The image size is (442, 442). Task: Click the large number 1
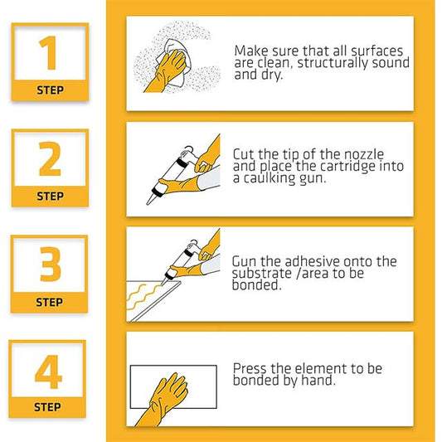(x=49, y=52)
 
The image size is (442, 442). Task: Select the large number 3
(x=49, y=265)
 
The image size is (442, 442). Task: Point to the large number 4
(x=48, y=372)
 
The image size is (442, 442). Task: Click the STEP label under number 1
(x=49, y=90)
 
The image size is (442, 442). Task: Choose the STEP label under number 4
(x=48, y=407)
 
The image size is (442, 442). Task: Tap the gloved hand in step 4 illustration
(x=167, y=396)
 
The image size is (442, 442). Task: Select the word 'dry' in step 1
(x=269, y=75)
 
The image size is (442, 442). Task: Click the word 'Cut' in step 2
(x=244, y=154)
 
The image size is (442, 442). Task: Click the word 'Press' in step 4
(x=250, y=368)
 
